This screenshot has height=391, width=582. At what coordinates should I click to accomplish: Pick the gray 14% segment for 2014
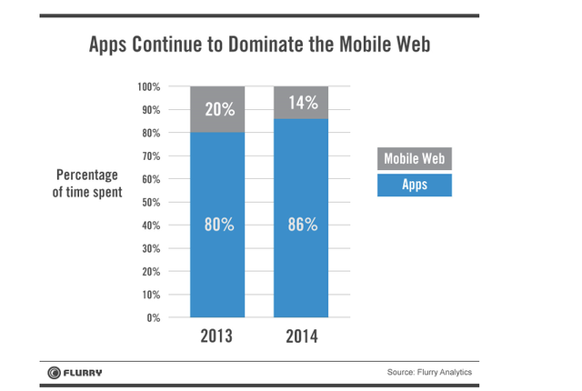click(x=301, y=103)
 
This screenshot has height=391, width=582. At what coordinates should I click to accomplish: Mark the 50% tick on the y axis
click(x=150, y=203)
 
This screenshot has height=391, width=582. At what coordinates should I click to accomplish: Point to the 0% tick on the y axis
click(x=153, y=318)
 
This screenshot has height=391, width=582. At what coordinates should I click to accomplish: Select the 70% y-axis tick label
click(x=150, y=156)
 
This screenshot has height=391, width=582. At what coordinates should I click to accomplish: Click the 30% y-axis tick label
click(x=150, y=249)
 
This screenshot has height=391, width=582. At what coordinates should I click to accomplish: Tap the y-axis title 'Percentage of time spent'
click(x=88, y=183)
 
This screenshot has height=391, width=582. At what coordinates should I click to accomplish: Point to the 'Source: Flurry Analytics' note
click(x=429, y=373)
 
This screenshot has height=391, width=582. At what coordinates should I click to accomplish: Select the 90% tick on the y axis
click(x=150, y=110)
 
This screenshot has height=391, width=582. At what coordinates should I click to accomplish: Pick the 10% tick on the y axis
click(x=150, y=296)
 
